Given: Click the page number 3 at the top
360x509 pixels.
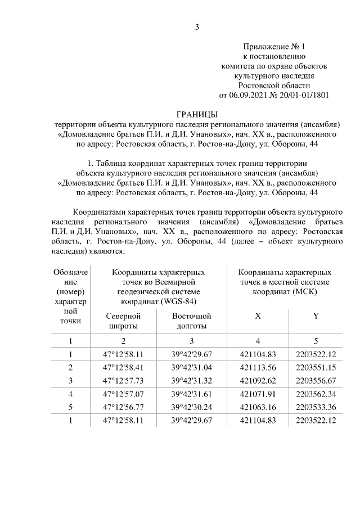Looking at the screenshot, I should coord(197,26).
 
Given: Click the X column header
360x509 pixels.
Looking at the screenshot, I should coord(258,316).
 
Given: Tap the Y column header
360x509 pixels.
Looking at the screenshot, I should coord(316,316).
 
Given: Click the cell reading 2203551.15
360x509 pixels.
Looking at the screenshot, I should coord(316,367).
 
